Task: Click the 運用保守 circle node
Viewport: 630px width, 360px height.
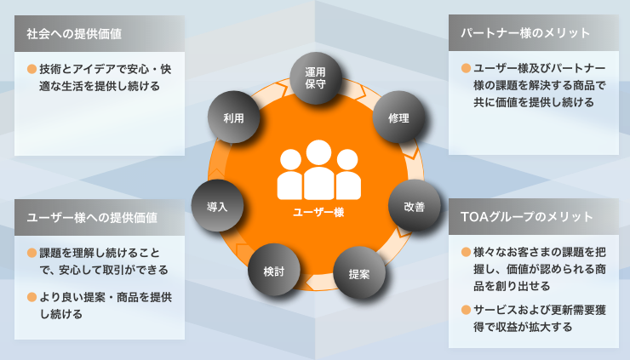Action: [x=316, y=78]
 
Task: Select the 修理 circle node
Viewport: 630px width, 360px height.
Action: [x=398, y=117]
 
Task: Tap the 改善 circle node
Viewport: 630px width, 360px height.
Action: [x=415, y=206]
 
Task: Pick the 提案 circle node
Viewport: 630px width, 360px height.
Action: [x=359, y=273]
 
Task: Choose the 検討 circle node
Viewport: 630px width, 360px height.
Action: [x=274, y=270]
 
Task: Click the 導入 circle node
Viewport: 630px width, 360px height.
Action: [x=217, y=206]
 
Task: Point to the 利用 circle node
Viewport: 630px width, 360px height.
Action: [x=233, y=117]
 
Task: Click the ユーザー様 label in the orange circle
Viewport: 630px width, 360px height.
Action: [x=318, y=212]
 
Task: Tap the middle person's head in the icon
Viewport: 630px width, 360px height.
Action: [x=318, y=152]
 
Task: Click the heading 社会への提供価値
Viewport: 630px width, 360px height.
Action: [x=74, y=34]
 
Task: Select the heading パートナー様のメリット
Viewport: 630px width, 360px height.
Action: [x=525, y=33]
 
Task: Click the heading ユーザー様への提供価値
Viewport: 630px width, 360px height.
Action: [x=92, y=218]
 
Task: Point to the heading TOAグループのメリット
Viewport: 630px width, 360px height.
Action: [x=527, y=217]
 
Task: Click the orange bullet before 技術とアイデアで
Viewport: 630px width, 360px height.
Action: [x=31, y=69]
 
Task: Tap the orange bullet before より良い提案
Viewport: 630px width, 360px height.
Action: [x=31, y=297]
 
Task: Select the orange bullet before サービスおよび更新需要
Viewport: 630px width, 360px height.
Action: [x=466, y=310]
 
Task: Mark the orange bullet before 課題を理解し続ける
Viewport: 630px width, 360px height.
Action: [x=31, y=253]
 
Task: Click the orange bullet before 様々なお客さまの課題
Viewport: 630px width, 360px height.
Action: [x=466, y=252]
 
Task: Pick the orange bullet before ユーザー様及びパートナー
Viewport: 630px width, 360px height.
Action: [x=466, y=68]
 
